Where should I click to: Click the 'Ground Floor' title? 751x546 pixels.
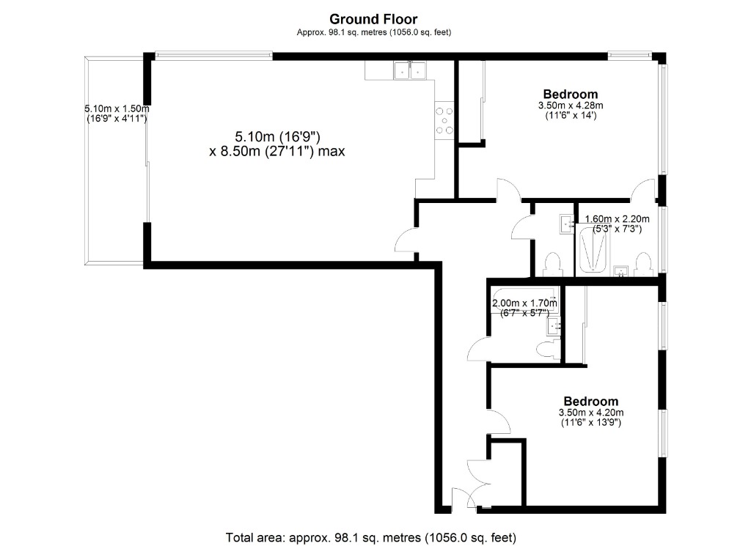pos(373,19)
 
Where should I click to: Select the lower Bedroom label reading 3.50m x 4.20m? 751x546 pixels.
pos(590,411)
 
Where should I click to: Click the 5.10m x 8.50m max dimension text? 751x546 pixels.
pos(276,144)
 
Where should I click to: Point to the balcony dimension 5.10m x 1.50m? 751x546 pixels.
pos(117,114)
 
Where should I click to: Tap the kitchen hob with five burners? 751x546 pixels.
pos(444,121)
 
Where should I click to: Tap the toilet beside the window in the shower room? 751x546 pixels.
pos(644,264)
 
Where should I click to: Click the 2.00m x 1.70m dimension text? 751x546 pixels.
pos(524,308)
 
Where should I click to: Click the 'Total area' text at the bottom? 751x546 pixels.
pos(375,536)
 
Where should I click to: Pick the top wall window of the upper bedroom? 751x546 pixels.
pos(630,54)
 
